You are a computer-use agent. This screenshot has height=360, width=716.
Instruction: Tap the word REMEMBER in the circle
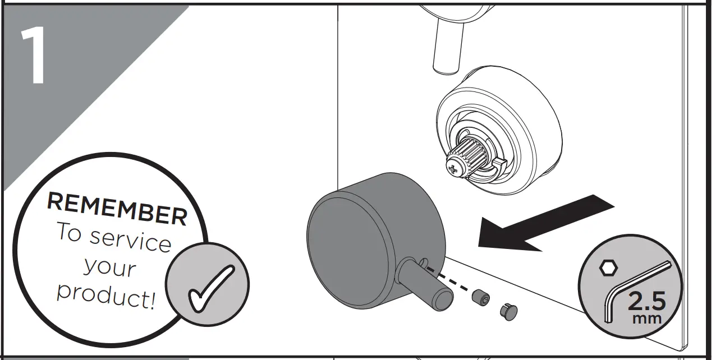tap(117, 208)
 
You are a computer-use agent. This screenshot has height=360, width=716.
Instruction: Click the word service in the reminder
tap(130, 239)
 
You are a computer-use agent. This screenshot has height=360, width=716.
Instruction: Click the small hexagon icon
tap(607, 268)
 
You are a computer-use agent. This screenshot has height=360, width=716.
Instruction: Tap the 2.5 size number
tap(646, 302)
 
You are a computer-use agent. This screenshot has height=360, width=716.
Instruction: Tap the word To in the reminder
tap(69, 232)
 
